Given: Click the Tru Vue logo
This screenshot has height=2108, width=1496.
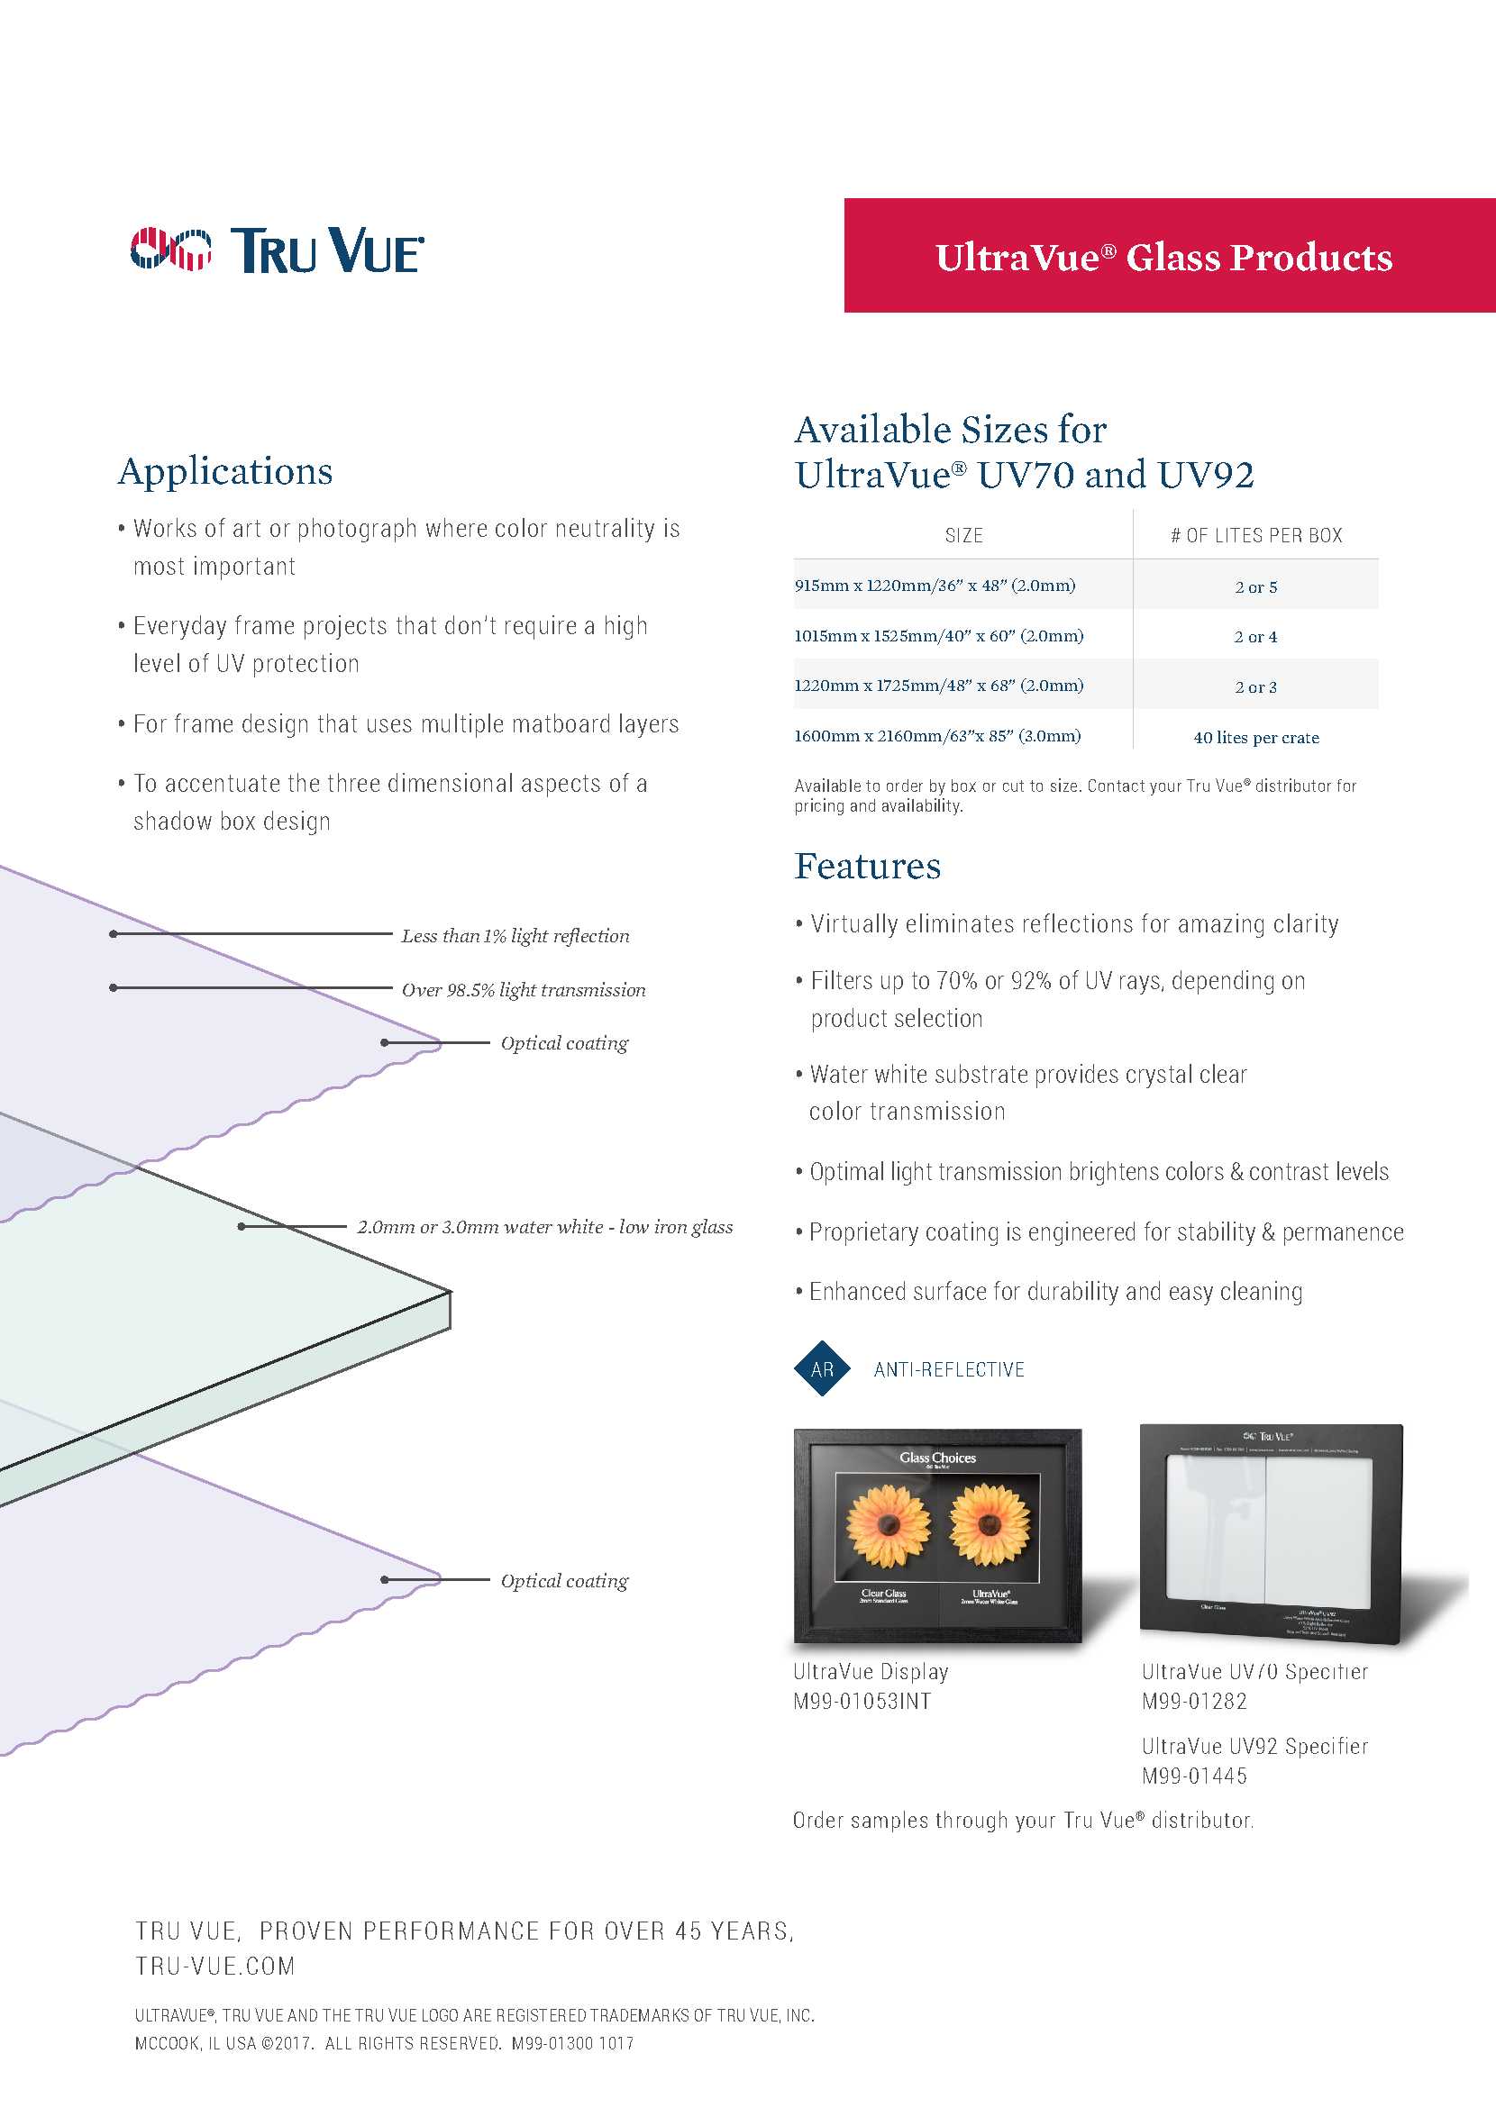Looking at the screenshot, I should (277, 250).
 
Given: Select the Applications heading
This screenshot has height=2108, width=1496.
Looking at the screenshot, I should (225, 471).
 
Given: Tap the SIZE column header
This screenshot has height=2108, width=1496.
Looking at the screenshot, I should (963, 535).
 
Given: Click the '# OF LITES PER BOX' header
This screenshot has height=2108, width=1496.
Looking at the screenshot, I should (1255, 535).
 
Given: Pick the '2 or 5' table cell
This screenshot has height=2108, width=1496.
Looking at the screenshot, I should (1255, 586).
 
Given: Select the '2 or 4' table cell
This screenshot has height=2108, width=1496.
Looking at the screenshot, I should (1255, 636).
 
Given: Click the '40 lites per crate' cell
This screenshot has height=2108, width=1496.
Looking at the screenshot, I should (1255, 737).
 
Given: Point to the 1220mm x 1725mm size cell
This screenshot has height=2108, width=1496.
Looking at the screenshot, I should (938, 686).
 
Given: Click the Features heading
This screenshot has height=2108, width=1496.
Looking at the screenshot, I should (868, 867).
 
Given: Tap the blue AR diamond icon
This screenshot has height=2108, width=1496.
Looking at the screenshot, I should (822, 1369).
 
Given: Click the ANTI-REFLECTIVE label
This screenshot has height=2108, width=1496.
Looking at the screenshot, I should (949, 1369).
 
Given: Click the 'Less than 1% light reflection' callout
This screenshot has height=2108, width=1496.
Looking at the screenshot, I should (515, 936).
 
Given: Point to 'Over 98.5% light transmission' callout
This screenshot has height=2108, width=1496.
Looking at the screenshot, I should (524, 990).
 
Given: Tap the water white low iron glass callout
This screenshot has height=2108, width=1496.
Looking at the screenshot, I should (544, 1227).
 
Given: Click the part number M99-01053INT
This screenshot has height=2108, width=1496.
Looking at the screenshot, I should (862, 1701).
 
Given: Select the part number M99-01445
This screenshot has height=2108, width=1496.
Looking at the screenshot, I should (1194, 1776).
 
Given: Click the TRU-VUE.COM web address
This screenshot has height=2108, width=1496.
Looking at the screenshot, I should (214, 1967).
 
